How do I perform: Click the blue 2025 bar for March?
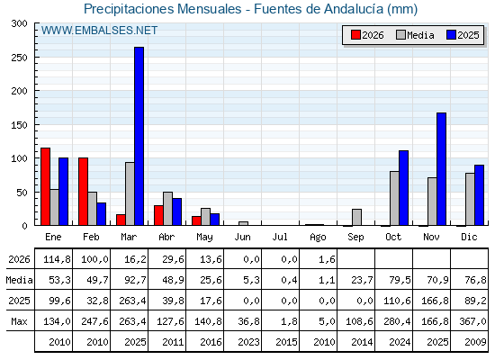[x=139, y=136]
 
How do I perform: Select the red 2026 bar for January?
[x=45, y=186]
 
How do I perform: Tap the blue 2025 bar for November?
[x=441, y=169]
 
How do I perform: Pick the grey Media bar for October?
[x=394, y=198]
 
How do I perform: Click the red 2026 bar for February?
[x=83, y=192]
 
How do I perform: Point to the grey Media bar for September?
[x=356, y=217]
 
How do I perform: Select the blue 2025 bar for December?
[x=479, y=195]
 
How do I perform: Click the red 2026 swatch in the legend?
[x=355, y=35]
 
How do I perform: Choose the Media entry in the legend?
[x=415, y=35]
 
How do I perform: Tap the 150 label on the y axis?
[x=20, y=125]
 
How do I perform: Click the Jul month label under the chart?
[x=280, y=238]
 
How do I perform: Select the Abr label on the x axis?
[x=166, y=238]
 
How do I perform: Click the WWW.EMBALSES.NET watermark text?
[x=99, y=31]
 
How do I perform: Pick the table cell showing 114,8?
[x=57, y=259]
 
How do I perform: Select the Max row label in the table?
[x=19, y=321]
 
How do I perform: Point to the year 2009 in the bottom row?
[x=475, y=342]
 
